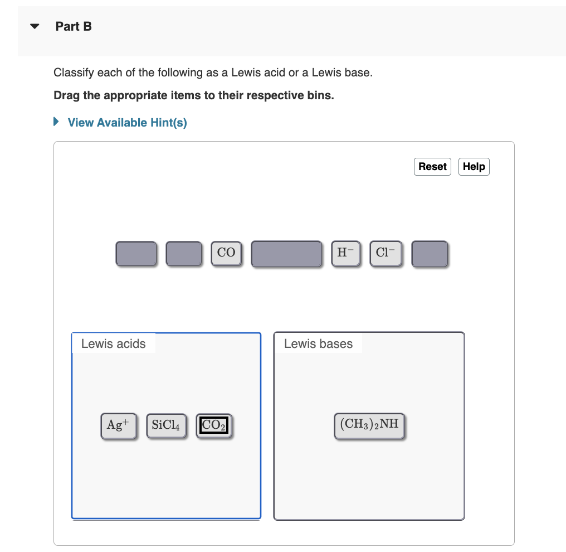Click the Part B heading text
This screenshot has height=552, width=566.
pos(74,26)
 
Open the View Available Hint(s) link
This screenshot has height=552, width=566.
pos(127,123)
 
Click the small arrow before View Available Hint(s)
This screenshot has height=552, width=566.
pos(56,122)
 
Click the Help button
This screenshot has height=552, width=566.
pos(474,167)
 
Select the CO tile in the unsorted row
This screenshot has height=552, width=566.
pos(226,253)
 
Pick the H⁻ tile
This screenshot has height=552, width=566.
pos(345,253)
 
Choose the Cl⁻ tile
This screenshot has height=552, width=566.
pos(386,253)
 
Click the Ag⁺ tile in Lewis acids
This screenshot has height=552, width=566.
pos(118,425)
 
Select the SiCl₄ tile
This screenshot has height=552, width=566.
pos(166,425)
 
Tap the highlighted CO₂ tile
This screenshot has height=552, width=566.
pos(214,425)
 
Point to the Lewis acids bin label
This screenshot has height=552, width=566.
pos(114,343)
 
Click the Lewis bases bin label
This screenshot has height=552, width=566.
pos(318,343)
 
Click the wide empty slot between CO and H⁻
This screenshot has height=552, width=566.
pos(286,254)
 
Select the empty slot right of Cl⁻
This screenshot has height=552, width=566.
pos(430,254)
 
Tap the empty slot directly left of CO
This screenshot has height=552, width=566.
pos(184,254)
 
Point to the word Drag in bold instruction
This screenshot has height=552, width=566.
pos(67,95)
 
